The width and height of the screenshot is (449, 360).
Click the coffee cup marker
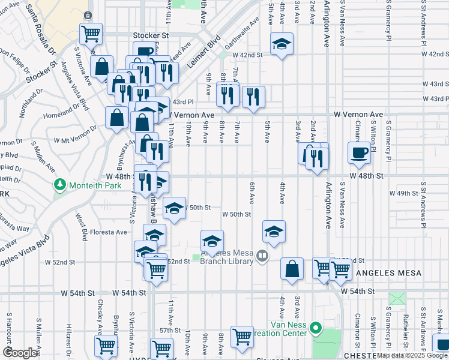coord(360,152)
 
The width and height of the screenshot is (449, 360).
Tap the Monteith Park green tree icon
coord(59,184)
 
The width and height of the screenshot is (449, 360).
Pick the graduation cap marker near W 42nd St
coord(281,44)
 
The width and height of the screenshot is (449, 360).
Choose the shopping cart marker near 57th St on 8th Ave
coord(242,337)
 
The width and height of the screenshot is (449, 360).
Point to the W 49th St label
coord(403,193)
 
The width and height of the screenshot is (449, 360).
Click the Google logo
coord(20,353)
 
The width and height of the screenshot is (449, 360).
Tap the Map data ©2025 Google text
coord(412,355)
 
